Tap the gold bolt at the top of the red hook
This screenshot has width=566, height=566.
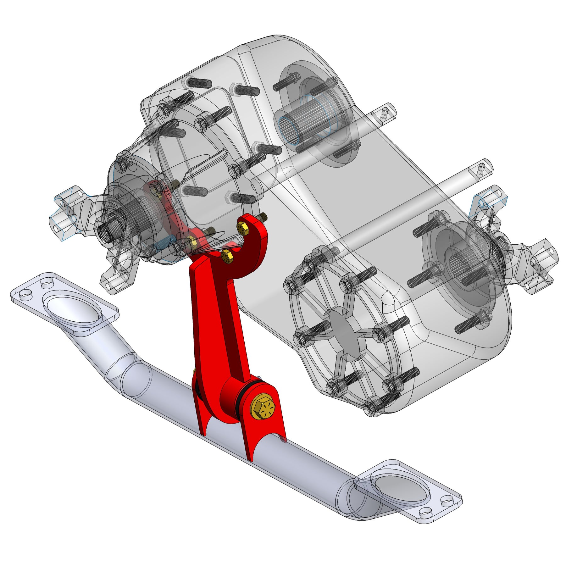(242, 227)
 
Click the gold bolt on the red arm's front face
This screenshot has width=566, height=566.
(227, 257)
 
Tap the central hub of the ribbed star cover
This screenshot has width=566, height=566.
(344, 330)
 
